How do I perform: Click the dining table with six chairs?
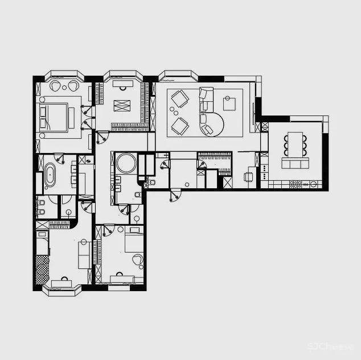[295, 144]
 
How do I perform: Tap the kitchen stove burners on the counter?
[297, 184]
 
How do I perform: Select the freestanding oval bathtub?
[50, 176]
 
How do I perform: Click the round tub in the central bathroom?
[124, 165]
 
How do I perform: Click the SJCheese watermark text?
[330, 346]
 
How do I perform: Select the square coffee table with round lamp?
[229, 103]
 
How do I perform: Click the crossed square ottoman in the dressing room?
[122, 106]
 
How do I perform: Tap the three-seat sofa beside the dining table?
[295, 164]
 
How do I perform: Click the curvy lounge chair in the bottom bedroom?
[137, 260]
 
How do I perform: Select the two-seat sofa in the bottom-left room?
[84, 254]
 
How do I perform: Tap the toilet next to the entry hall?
[151, 183]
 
